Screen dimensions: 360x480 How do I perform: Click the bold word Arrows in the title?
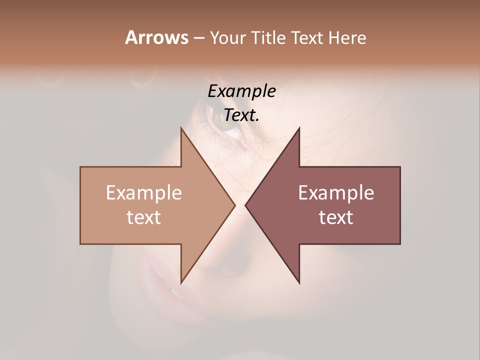click(156, 37)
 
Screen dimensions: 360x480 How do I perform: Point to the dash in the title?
click(198, 38)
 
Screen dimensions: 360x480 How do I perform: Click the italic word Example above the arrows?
click(242, 91)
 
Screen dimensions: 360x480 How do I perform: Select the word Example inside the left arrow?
click(144, 193)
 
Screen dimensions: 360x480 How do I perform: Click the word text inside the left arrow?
click(144, 217)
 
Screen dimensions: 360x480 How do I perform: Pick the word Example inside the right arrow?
click(336, 193)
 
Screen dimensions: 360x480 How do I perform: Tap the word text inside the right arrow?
click(336, 217)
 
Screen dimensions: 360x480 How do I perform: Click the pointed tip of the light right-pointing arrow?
click(234, 205)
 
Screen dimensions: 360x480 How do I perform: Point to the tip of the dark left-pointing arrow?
click(245, 205)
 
